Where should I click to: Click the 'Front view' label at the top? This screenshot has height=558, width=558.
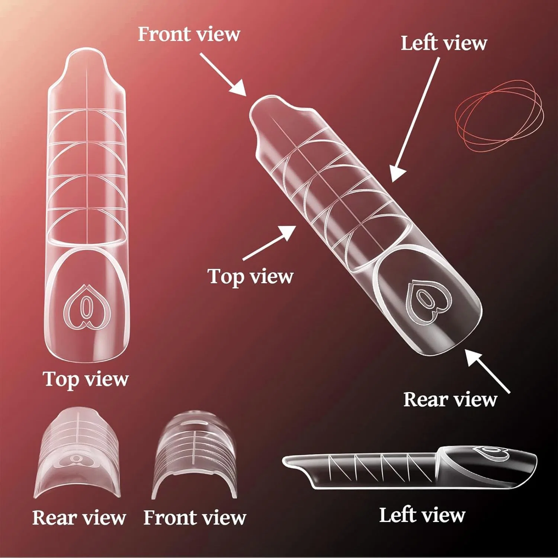click(189, 34)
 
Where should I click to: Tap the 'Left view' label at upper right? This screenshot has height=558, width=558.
click(444, 43)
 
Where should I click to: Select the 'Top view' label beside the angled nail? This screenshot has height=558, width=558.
click(250, 277)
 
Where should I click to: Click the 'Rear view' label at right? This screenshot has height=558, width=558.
click(450, 400)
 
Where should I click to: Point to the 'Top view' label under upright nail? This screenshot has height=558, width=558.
click(86, 379)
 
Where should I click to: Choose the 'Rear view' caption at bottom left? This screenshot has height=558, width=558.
click(79, 518)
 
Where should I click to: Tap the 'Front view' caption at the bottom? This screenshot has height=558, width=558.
click(195, 518)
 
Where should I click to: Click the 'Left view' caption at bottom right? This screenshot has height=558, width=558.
click(422, 516)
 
